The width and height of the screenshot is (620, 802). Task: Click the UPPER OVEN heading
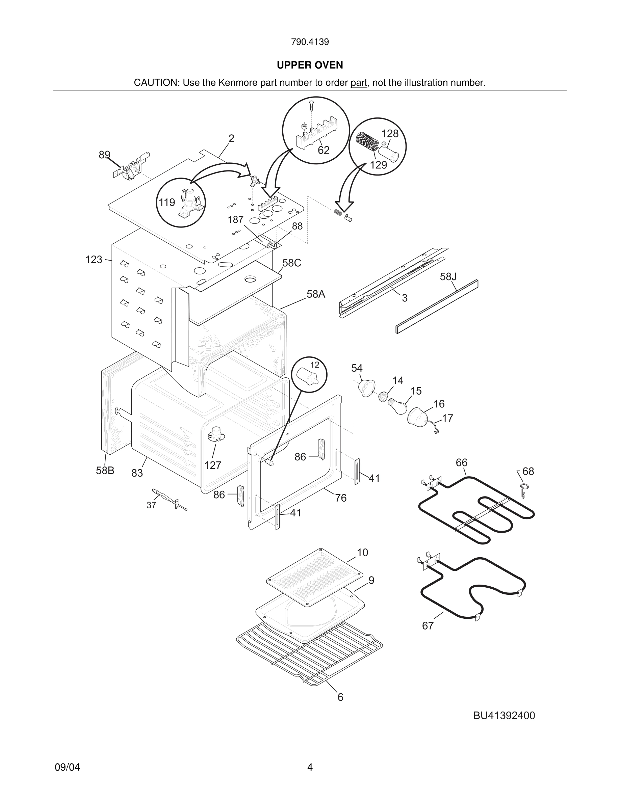click(x=310, y=65)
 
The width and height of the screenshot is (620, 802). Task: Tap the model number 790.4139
click(x=310, y=42)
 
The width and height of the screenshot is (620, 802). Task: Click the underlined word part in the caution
click(x=359, y=83)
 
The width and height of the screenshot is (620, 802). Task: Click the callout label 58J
click(x=448, y=276)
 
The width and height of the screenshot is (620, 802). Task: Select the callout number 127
click(x=213, y=465)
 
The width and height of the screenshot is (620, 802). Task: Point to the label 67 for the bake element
click(x=428, y=626)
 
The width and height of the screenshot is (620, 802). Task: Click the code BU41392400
click(x=504, y=716)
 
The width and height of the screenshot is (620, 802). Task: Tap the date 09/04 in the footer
click(x=67, y=767)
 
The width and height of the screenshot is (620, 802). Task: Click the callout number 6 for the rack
click(x=340, y=697)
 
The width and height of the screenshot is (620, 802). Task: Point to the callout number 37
click(x=151, y=505)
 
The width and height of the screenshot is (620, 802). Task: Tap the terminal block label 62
click(x=324, y=150)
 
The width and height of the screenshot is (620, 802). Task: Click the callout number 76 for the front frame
click(x=340, y=498)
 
